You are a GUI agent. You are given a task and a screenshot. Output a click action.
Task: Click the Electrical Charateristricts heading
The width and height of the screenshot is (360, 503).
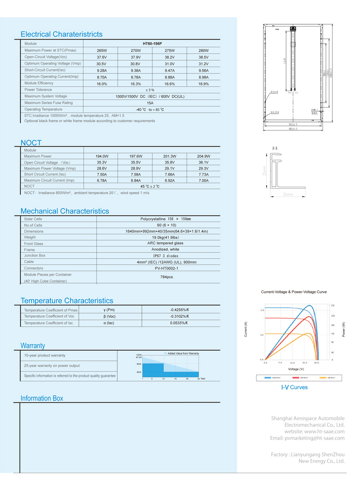click(x=62, y=34)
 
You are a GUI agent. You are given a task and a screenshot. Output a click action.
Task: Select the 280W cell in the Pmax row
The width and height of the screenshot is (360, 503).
click(x=203, y=51)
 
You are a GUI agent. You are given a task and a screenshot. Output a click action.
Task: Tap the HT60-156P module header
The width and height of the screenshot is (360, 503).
click(x=152, y=44)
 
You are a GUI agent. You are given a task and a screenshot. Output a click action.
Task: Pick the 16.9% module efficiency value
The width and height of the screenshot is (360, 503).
click(x=203, y=84)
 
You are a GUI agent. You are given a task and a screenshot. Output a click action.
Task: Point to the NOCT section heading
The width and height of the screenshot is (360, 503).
click(x=31, y=143)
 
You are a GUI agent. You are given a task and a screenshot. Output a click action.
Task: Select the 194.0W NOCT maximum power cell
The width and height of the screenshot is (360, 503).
click(x=102, y=156)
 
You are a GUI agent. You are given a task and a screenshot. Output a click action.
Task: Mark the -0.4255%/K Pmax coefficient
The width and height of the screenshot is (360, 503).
click(x=179, y=310)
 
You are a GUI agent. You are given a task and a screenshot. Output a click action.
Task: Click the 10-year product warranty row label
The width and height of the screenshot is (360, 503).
click(x=45, y=355)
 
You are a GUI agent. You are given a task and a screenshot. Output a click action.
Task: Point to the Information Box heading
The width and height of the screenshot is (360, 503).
click(x=42, y=398)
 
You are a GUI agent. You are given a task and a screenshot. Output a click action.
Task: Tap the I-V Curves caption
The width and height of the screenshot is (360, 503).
click(x=294, y=387)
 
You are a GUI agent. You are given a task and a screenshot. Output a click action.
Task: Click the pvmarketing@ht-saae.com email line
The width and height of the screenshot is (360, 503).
click(x=307, y=438)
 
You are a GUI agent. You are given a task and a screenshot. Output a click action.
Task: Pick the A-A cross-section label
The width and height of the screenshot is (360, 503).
click(x=275, y=148)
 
